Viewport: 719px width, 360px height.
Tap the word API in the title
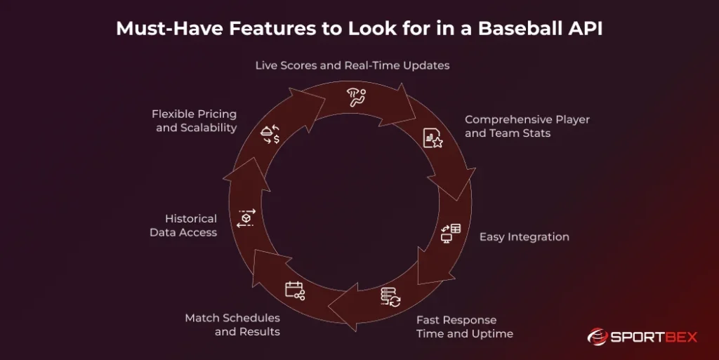[x=586, y=28]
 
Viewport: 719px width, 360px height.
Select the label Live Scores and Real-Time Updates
[x=352, y=65]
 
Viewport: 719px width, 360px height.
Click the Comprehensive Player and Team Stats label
[x=527, y=126]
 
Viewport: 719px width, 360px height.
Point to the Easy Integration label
[x=524, y=237]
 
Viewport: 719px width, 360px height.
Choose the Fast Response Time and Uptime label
[x=464, y=326]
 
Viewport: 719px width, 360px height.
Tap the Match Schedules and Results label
[x=232, y=324]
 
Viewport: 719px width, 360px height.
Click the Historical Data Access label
[x=183, y=225]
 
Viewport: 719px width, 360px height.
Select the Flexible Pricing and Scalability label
[x=194, y=121]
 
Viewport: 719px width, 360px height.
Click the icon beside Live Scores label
[x=357, y=98]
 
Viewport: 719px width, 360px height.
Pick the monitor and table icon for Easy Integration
[x=450, y=232]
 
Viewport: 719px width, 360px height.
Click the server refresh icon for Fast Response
[x=390, y=297]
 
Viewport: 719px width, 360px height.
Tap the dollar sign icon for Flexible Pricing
[x=270, y=134]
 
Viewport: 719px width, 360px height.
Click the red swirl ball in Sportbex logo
[x=598, y=337]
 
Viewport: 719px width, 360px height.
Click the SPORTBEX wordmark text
[x=654, y=338]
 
